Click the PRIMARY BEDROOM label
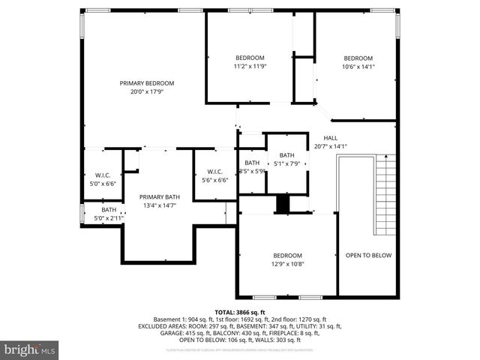pyautogui.click(x=147, y=83)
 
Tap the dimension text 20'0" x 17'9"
pyautogui.click(x=147, y=92)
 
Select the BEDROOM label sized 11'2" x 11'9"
pyautogui.click(x=250, y=58)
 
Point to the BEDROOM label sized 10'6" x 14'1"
pyautogui.click(x=358, y=58)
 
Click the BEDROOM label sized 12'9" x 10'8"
pyautogui.click(x=287, y=255)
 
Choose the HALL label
pyautogui.click(x=330, y=138)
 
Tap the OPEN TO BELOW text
pyautogui.click(x=368, y=255)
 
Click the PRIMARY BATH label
pyautogui.click(x=159, y=196)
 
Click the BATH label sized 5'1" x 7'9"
pyautogui.click(x=286, y=155)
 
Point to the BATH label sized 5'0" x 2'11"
pyautogui.click(x=109, y=210)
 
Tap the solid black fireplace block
pyautogui.click(x=283, y=204)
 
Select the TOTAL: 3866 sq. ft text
pyautogui.click(x=239, y=312)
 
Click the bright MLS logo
pyautogui.click(x=30, y=349)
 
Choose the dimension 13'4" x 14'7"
pyautogui.click(x=159, y=205)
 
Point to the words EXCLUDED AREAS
pyautogui.click(x=160, y=327)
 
